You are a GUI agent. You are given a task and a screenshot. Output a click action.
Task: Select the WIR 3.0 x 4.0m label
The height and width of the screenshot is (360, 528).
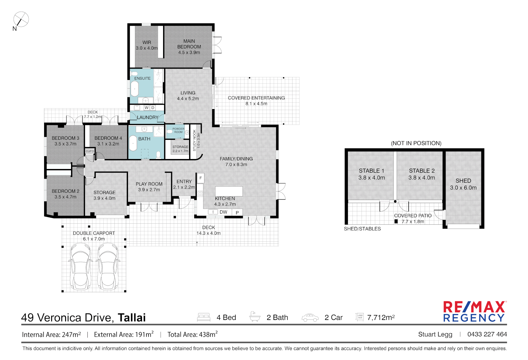[147, 45]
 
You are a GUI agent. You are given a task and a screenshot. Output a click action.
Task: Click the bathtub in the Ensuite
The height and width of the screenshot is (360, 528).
[135, 89]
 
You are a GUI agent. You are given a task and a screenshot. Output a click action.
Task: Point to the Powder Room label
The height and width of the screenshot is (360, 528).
[178, 130]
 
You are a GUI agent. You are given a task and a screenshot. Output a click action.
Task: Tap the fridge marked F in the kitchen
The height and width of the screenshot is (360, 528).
[200, 178]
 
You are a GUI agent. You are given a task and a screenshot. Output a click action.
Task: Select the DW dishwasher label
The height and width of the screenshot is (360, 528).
[223, 212]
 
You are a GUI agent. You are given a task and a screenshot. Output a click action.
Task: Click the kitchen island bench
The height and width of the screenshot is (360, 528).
[228, 191]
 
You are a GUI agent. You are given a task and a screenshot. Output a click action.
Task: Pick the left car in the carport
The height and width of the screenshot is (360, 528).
[80, 266]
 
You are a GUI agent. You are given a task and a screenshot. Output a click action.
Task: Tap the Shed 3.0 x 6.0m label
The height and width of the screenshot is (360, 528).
[463, 184]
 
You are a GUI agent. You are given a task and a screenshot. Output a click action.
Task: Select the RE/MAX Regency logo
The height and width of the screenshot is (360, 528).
[475, 311]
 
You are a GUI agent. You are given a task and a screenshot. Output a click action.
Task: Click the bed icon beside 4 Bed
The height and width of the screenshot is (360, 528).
[204, 317]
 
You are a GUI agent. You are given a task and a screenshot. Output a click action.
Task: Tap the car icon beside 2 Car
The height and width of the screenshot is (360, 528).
[310, 318]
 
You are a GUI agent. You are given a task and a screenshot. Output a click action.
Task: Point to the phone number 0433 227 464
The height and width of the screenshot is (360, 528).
[487, 334]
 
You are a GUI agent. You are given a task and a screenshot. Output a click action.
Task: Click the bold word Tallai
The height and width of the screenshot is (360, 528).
[132, 317]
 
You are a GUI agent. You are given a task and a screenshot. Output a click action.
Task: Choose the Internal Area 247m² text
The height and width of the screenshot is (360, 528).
[51, 334]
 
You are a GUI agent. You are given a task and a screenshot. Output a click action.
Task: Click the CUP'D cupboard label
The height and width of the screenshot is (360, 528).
[90, 151]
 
